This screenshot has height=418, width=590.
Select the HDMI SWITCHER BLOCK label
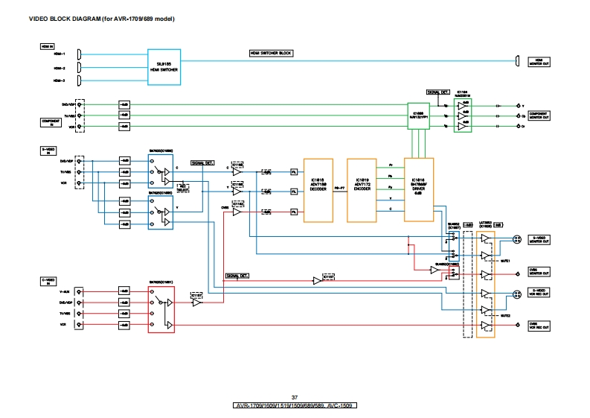point(271,54)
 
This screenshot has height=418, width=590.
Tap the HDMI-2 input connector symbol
point(79,67)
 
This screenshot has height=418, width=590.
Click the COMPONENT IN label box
point(51,122)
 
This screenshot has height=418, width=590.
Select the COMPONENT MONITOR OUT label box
point(539,115)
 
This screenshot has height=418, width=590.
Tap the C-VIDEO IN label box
point(51,281)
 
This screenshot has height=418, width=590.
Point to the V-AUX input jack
point(80,291)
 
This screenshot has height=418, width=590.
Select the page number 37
point(295,397)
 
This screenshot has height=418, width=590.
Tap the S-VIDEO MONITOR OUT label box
point(539,240)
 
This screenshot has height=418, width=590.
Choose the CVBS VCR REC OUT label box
point(539,326)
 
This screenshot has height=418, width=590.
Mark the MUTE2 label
point(505,316)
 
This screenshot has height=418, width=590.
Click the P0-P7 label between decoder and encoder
point(339,189)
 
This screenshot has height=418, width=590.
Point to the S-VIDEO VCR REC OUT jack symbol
point(516,294)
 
